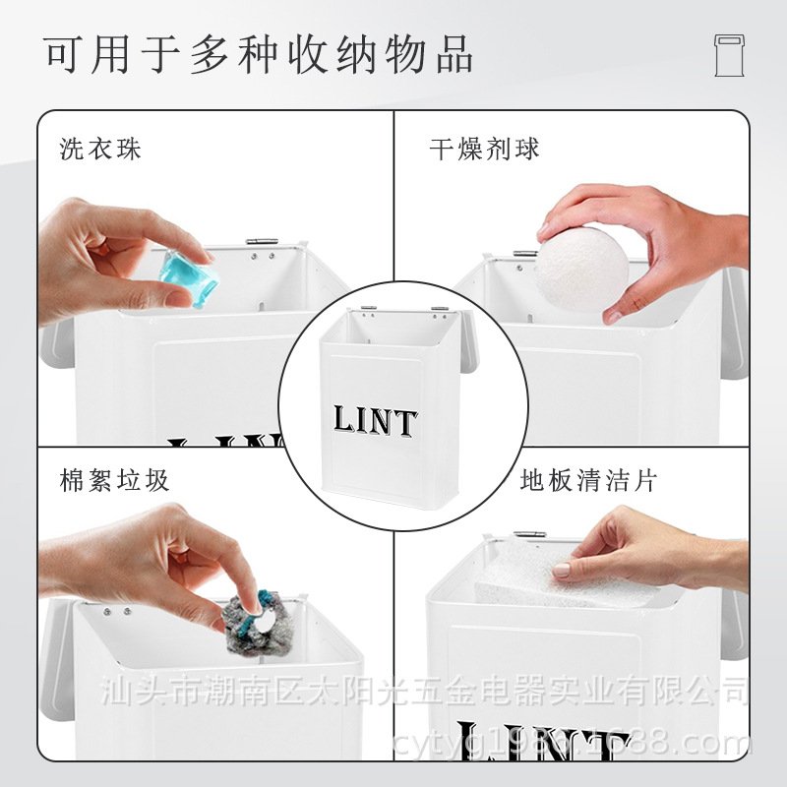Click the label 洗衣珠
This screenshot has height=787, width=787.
(100, 149)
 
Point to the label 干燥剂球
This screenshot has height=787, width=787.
(484, 149)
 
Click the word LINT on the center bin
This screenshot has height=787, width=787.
(375, 422)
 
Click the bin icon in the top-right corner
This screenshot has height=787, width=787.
(729, 55)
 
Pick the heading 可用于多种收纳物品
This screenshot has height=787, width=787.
(259, 53)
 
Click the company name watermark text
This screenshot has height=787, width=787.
(423, 689)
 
